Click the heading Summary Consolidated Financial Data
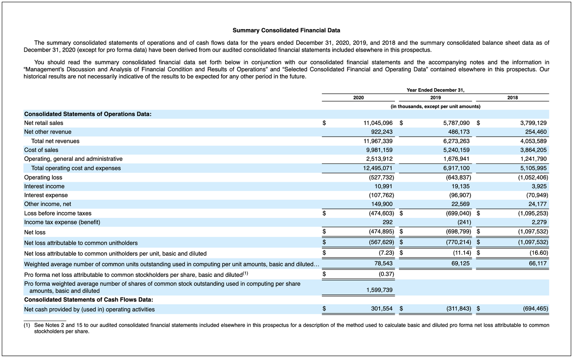[286, 30]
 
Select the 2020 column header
[358, 98]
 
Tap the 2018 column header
[513, 98]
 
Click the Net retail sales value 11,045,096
[378, 123]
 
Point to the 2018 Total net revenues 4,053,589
[533, 141]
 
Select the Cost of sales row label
[41, 150]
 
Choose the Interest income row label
[44, 186]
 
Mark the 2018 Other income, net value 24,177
[537, 204]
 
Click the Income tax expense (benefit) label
[62, 222]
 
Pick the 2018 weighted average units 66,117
[537, 264]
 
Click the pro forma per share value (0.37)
[385, 274]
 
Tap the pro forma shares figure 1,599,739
[379, 290]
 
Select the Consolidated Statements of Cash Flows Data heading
[89, 300]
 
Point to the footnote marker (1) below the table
[27, 325]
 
